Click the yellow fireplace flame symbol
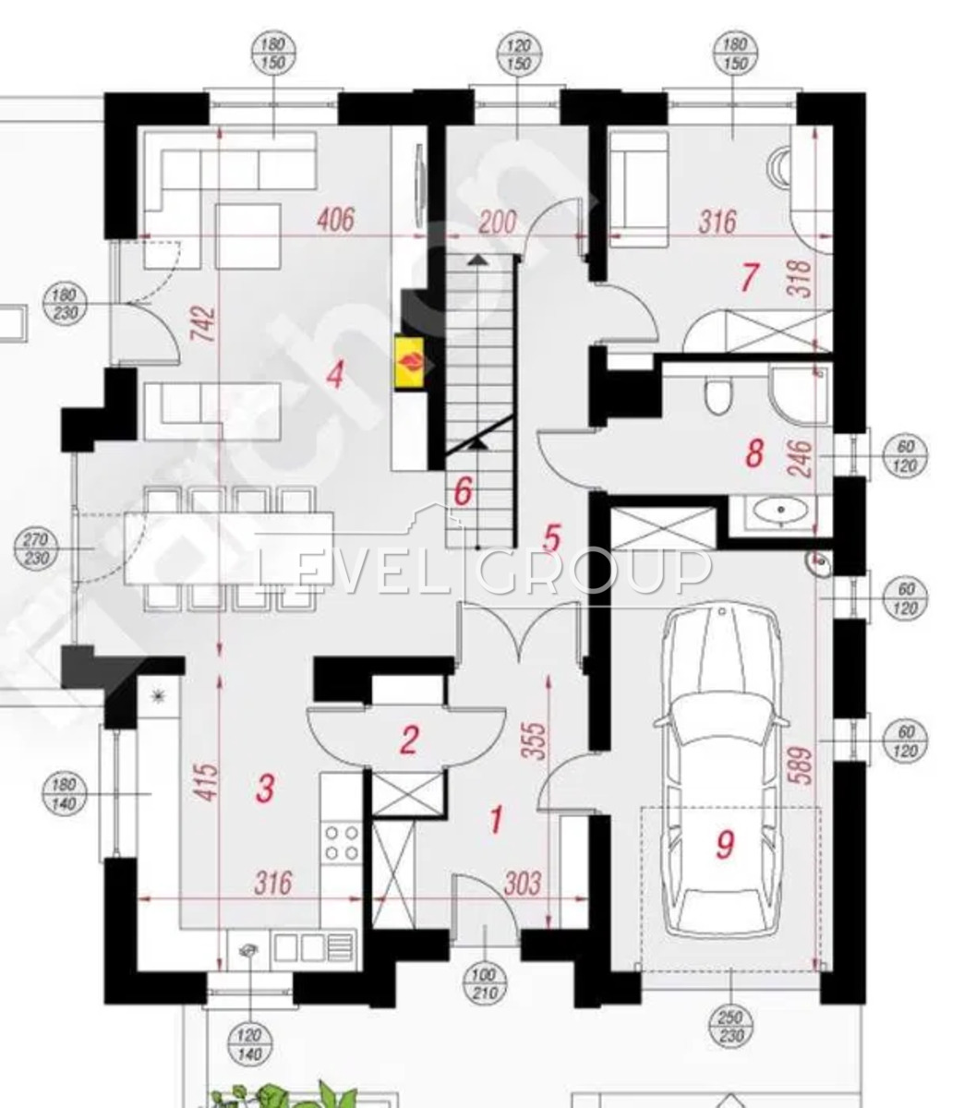(x=409, y=362)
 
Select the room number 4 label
(x=336, y=375)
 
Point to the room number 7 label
(x=749, y=277)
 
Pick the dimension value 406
(x=336, y=221)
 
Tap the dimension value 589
(x=803, y=765)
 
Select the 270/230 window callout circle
(x=36, y=548)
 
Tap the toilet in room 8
(x=718, y=395)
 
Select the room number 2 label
(x=409, y=741)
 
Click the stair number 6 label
(x=463, y=492)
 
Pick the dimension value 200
(x=498, y=222)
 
